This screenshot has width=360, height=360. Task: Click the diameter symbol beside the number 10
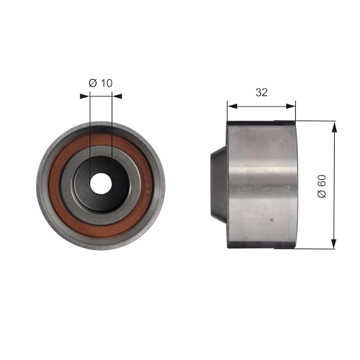click(92, 83)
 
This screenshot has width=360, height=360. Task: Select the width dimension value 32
click(261, 92)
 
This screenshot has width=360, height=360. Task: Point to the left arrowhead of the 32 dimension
click(231, 105)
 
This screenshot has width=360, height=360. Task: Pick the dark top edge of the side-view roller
click(261, 124)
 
